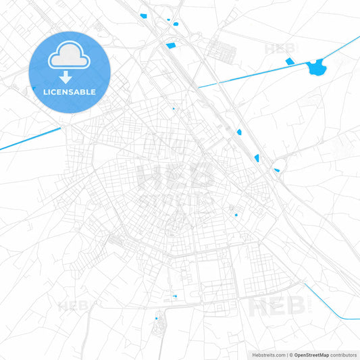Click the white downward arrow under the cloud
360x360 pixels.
(x=66, y=77)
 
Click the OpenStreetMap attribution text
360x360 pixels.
(x=311, y=355)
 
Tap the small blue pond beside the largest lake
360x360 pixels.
(x=290, y=61)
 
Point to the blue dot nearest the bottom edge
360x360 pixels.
(x=157, y=318)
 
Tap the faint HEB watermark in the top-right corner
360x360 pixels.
(x=279, y=49)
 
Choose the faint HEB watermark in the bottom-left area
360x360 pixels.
(x=72, y=307)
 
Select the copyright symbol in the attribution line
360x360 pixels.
(x=290, y=355)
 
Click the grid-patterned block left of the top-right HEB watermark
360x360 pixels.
(x=222, y=49)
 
